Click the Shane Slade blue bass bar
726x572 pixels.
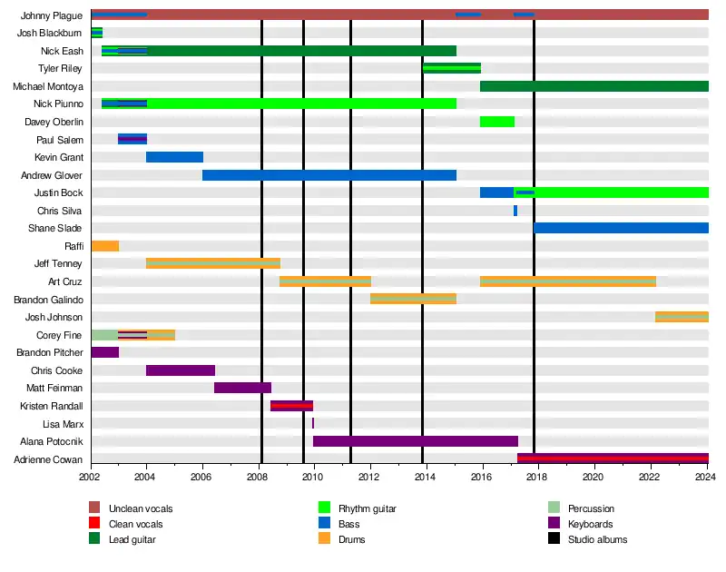pyautogui.click(x=621, y=228)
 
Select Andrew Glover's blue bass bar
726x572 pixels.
pyautogui.click(x=329, y=175)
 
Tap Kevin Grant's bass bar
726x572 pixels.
pyautogui.click(x=174, y=157)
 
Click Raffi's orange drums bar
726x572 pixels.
pyautogui.click(x=104, y=246)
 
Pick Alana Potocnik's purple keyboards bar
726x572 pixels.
pyautogui.click(x=415, y=441)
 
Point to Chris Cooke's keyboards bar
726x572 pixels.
pyautogui.click(x=180, y=370)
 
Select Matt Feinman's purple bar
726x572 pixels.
pyautogui.click(x=242, y=388)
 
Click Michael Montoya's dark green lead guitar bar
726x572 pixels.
pyautogui.click(x=594, y=86)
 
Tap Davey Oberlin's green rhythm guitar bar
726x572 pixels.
pyautogui.click(x=496, y=122)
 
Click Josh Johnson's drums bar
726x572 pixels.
pyautogui.click(x=682, y=317)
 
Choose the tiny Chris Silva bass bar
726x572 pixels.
pyautogui.click(x=515, y=211)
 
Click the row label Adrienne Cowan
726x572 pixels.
pyautogui.click(x=56, y=459)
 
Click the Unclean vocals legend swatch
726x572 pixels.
pyautogui.click(x=94, y=508)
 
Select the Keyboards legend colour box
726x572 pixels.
pyautogui.click(x=554, y=524)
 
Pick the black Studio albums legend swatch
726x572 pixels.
pyautogui.click(x=554, y=539)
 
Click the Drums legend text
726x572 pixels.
pyautogui.click(x=351, y=539)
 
